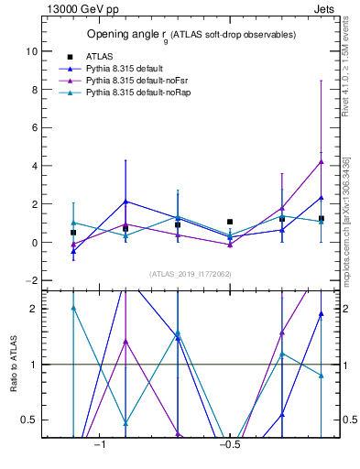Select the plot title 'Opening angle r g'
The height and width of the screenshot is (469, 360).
pos(191,35)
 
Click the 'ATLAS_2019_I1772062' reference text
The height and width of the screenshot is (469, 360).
pos(191,274)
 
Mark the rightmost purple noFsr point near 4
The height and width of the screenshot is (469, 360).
pos(321,161)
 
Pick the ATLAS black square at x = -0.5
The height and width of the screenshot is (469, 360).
pos(230,222)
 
